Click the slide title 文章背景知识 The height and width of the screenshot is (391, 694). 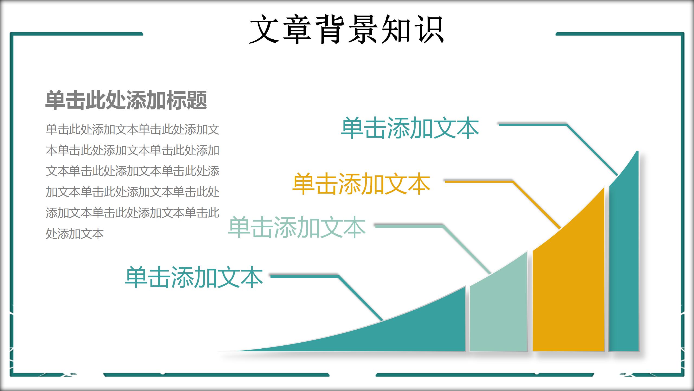(346, 29)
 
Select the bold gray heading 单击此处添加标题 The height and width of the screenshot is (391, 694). (126, 100)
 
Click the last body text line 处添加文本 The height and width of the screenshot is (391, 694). (75, 234)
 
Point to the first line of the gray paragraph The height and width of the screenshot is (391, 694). (132, 129)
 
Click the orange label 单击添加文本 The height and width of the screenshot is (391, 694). (361, 184)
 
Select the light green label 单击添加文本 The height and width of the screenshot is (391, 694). (297, 227)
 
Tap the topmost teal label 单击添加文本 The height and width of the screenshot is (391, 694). (410, 128)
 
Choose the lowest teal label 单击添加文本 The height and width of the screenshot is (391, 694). (194, 277)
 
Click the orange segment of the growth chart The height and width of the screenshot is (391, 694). (569, 285)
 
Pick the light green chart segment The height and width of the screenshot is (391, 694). (498, 312)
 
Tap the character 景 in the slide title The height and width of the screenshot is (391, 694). (363, 29)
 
